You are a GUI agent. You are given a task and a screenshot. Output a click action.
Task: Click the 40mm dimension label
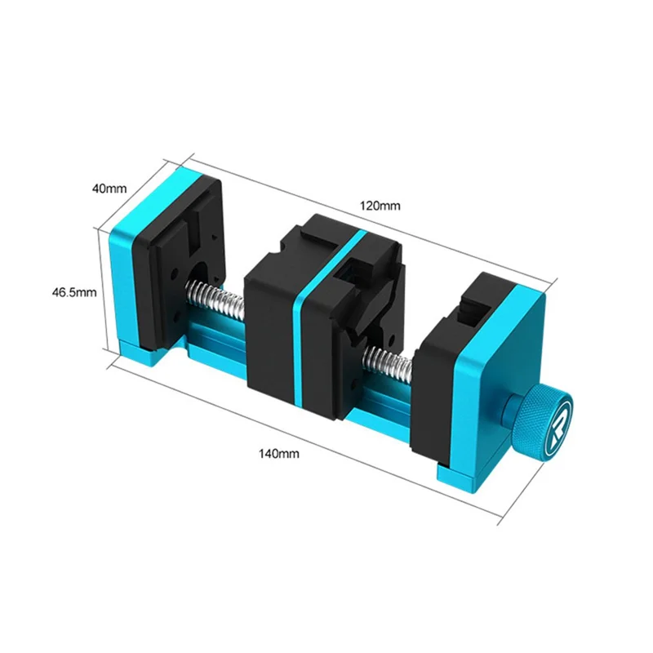point(109,189)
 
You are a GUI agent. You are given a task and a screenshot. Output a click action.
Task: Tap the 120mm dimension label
point(380,206)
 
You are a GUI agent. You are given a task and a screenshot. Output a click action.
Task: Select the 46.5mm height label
point(74,292)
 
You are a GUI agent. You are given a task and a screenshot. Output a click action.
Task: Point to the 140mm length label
point(278,453)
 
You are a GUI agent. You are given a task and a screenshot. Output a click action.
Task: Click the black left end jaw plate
point(179,262)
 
